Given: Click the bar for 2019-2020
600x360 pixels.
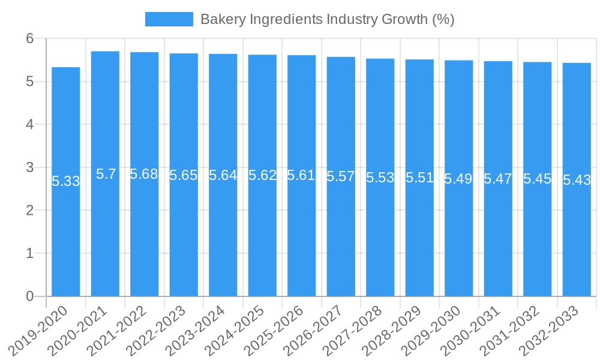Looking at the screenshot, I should point(66,240).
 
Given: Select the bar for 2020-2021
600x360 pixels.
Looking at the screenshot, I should point(105,240).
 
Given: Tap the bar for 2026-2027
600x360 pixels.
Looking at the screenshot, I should point(341,240).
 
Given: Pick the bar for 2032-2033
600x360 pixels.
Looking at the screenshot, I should point(577,240).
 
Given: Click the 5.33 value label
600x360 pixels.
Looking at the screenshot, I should point(66,181).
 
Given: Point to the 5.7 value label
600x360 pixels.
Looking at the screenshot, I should point(106,174).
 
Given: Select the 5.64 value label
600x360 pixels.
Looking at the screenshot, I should point(223,175).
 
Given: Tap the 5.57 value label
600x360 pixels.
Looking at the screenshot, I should point(341,176).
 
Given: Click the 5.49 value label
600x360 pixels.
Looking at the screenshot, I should point(458,178).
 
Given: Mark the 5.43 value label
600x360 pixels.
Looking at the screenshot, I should point(577,180).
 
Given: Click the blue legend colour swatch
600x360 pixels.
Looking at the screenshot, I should point(169,19).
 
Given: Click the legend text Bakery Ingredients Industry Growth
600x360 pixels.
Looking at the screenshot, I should point(327,19).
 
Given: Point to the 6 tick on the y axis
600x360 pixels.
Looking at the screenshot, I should point(30,38).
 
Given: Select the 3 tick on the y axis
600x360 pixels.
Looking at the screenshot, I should point(30,167).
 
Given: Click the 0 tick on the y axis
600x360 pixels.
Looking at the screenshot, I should point(30,296).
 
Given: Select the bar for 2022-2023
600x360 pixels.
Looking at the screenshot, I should point(184,240).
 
